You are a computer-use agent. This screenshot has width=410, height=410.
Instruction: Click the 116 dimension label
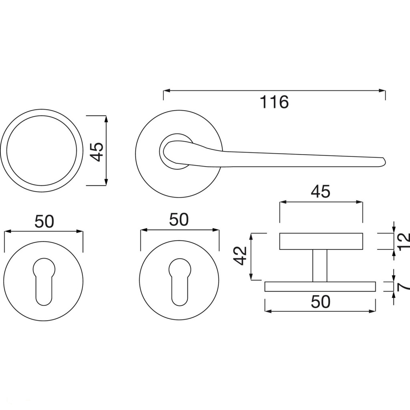click(x=274, y=102)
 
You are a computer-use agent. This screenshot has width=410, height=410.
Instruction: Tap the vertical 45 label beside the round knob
click(x=96, y=152)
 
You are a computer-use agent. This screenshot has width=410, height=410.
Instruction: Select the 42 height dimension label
click(x=240, y=255)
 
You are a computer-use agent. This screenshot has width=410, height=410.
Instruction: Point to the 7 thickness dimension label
click(x=403, y=287)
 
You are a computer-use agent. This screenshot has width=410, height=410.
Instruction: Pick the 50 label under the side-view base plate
click(x=321, y=301)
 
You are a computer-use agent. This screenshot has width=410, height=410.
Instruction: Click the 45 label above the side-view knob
click(x=321, y=192)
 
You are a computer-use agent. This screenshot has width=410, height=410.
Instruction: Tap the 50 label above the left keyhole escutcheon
click(x=44, y=221)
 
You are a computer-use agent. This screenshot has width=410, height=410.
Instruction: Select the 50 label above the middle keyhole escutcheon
click(x=179, y=219)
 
